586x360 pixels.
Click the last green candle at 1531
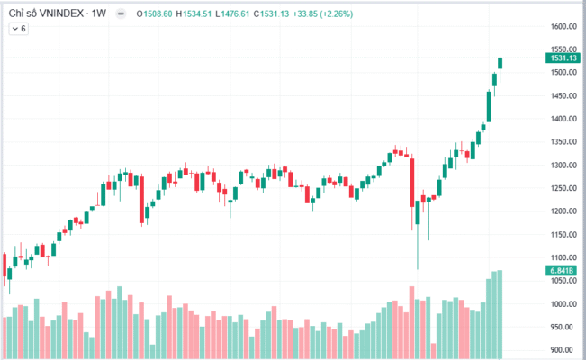click(500, 63)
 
